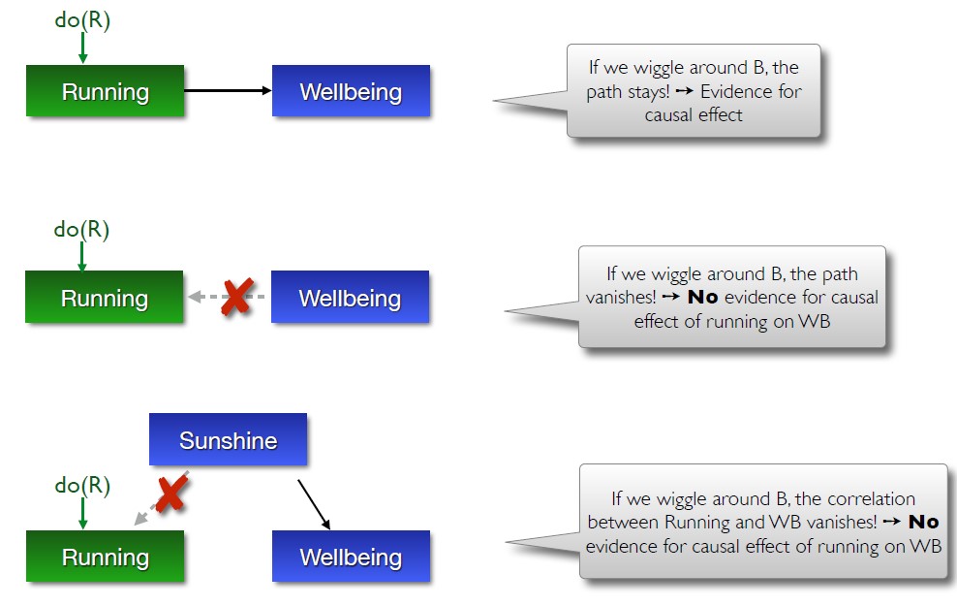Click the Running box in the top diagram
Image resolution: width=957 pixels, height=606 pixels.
[x=105, y=92]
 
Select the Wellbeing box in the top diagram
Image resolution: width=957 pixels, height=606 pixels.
[x=351, y=92]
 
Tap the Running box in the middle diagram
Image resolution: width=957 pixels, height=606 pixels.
[x=105, y=298]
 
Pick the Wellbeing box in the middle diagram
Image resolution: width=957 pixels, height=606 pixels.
[x=350, y=298]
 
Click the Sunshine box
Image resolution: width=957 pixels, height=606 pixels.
[x=228, y=441]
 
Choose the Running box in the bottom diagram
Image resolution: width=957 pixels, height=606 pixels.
[x=105, y=558]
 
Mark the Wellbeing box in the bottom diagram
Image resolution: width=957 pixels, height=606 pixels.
[x=351, y=558]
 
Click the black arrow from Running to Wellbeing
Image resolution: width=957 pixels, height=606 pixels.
[x=228, y=91]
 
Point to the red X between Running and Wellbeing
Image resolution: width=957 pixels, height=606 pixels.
[x=235, y=297]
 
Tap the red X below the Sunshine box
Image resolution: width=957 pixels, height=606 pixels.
[x=170, y=494]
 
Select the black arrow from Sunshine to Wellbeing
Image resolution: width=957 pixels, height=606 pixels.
[x=314, y=503]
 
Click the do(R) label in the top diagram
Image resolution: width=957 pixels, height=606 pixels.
[x=82, y=20]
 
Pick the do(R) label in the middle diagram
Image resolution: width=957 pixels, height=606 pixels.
[x=81, y=230]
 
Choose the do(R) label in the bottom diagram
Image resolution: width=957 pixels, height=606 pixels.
[x=82, y=486]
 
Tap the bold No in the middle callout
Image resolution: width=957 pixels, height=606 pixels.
[x=702, y=298]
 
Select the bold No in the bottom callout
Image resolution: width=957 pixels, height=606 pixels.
[x=923, y=523]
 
